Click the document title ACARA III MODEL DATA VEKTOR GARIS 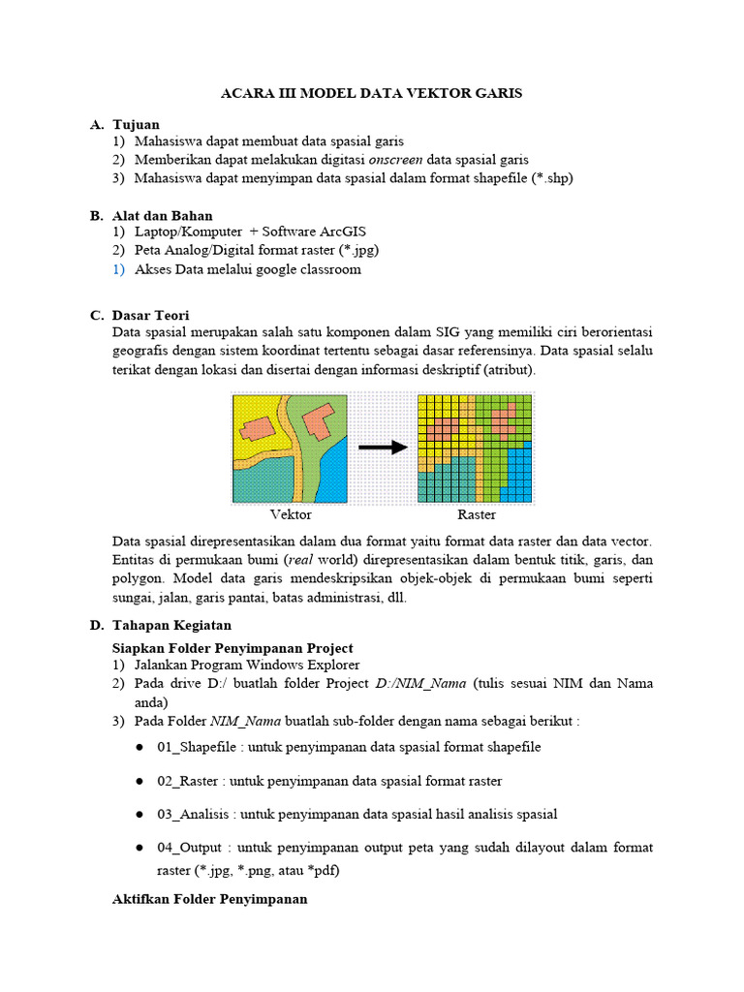[372, 93]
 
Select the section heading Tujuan [136, 125]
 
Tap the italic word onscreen [395, 159]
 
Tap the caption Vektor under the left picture [291, 515]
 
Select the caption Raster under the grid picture [476, 515]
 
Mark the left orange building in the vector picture [257, 430]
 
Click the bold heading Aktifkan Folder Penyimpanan [210, 899]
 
